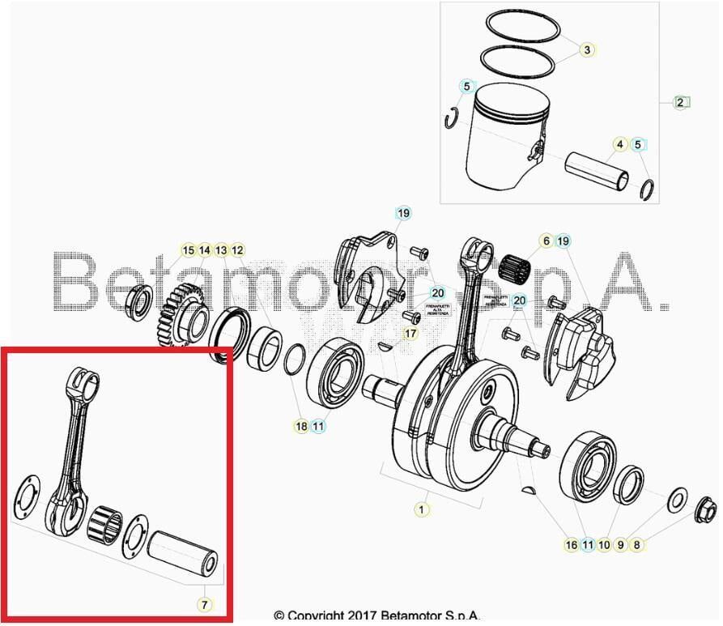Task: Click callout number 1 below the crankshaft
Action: pyautogui.click(x=421, y=509)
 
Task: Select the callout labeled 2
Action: pyautogui.click(x=681, y=102)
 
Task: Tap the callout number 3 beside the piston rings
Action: pyautogui.click(x=586, y=50)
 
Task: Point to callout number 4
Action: pyautogui.click(x=620, y=145)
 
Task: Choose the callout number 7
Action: pyautogui.click(x=204, y=604)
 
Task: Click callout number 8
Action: pyautogui.click(x=637, y=545)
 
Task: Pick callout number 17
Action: pyautogui.click(x=410, y=333)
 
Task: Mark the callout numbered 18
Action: pyautogui.click(x=301, y=426)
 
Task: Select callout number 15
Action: pyautogui.click(x=188, y=250)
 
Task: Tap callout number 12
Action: pyautogui.click(x=237, y=250)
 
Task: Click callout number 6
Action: pyautogui.click(x=546, y=241)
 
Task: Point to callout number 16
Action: pyautogui.click(x=572, y=545)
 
